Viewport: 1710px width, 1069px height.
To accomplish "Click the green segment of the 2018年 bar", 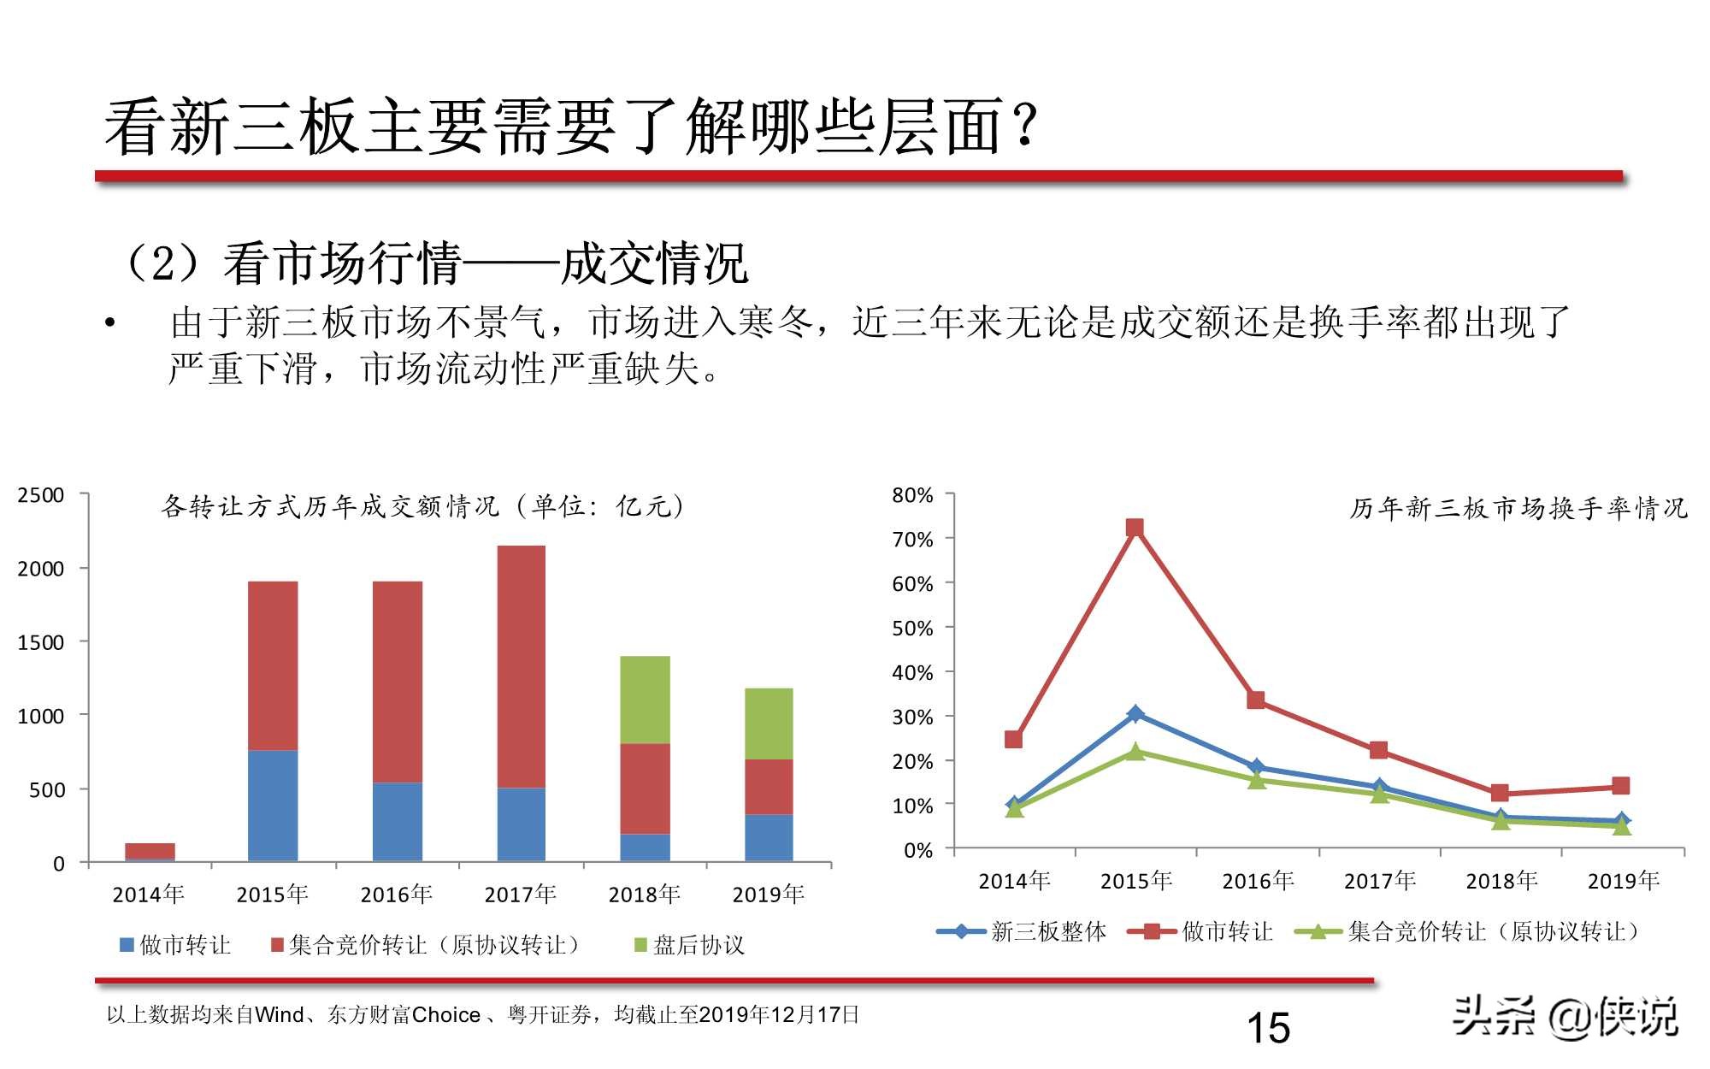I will click(x=645, y=700).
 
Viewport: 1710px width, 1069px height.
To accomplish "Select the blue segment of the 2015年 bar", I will click(x=273, y=805).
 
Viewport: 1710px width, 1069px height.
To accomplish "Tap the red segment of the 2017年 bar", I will click(x=521, y=666).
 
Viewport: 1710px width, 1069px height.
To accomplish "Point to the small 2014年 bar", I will click(x=150, y=851).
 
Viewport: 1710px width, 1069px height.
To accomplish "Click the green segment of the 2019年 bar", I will click(x=769, y=723).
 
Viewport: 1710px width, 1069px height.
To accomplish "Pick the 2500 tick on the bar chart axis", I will click(x=41, y=495).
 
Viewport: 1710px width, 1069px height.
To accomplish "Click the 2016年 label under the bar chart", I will click(x=396, y=895).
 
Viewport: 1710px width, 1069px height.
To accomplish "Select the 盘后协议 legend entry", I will click(x=689, y=945).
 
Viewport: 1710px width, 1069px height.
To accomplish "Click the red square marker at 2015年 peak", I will click(x=1135, y=528).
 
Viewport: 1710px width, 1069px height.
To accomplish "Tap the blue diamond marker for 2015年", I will click(x=1135, y=713).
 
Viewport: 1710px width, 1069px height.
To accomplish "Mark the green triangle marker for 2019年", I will click(x=1621, y=826).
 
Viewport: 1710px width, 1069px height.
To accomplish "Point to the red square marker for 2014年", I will click(x=1013, y=739).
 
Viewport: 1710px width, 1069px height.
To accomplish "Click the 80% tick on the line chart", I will click(x=912, y=495).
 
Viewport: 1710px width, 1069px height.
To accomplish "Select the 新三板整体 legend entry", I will click(x=1023, y=931).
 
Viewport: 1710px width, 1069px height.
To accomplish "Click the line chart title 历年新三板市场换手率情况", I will click(x=1518, y=509).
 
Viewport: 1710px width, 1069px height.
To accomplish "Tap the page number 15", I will click(x=1268, y=1028).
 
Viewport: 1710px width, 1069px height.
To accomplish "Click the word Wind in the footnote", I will click(x=280, y=1015).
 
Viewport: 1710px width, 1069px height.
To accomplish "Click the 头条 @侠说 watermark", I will click(x=1566, y=1018).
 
